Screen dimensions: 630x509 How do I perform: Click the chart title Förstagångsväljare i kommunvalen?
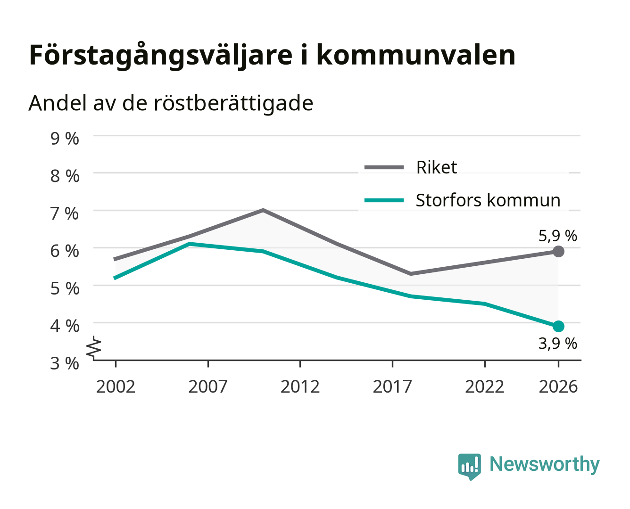pyautogui.click(x=272, y=56)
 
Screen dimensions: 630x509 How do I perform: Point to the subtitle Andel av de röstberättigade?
pyautogui.click(x=171, y=104)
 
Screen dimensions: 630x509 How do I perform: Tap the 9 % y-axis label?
pyautogui.click(x=65, y=139)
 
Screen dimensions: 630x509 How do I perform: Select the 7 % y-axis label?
pyautogui.click(x=65, y=213)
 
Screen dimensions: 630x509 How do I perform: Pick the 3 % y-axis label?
pyautogui.click(x=65, y=363)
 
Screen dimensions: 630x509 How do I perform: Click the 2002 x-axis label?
pyautogui.click(x=116, y=386)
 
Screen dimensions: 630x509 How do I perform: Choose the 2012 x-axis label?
pyautogui.click(x=300, y=386)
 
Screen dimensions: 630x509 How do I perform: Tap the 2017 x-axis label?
pyautogui.click(x=392, y=386)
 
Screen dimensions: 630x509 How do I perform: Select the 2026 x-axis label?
pyautogui.click(x=558, y=386)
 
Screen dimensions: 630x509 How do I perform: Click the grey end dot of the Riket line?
pyautogui.click(x=558, y=252)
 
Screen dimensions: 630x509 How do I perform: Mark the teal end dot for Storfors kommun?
pyautogui.click(x=558, y=326)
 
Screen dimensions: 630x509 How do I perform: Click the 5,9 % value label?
pyautogui.click(x=557, y=236)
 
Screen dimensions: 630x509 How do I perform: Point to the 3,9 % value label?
pyautogui.click(x=557, y=344)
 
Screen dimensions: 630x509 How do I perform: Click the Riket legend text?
pyautogui.click(x=437, y=167)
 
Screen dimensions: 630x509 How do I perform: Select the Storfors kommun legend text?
pyautogui.click(x=488, y=200)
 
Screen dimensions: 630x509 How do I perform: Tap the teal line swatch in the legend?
pyautogui.click(x=384, y=200)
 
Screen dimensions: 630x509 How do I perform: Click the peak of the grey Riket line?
pyautogui.click(x=263, y=210)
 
